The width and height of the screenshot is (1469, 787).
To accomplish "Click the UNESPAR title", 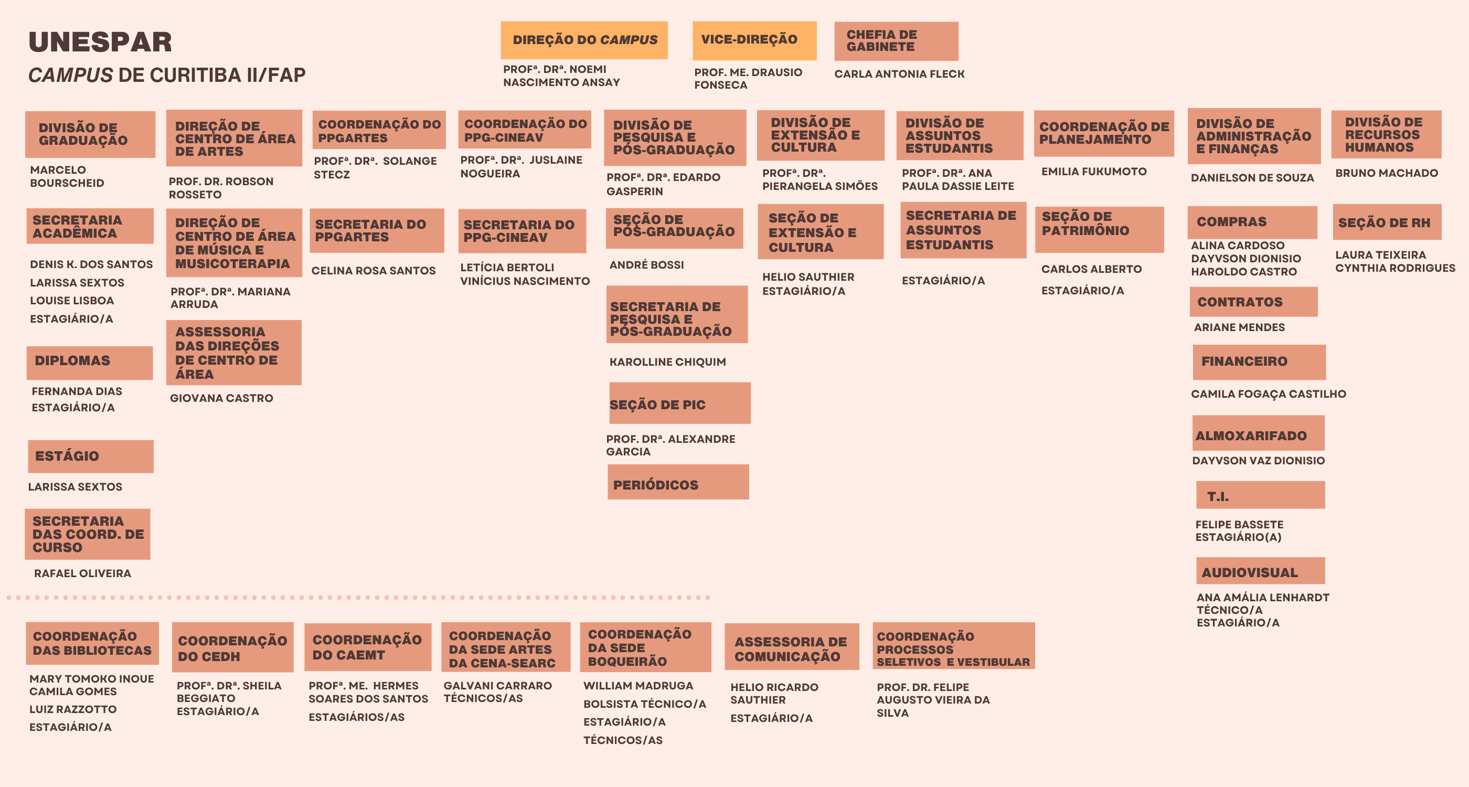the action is [x=100, y=42].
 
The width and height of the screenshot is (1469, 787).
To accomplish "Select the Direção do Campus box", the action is [x=584, y=40].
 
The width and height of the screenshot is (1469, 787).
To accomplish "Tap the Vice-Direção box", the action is [x=754, y=40].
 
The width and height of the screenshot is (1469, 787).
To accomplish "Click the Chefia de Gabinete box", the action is [x=896, y=41].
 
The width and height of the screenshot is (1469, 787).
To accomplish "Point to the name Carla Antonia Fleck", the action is [x=899, y=74].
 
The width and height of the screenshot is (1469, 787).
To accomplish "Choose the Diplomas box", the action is [x=90, y=363].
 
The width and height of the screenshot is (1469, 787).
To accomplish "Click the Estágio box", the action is [x=91, y=456].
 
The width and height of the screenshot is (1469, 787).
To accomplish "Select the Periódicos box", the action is [x=678, y=482].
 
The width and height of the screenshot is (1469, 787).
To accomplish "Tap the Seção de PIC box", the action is [x=680, y=403].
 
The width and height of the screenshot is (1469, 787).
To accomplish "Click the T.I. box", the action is [x=1260, y=495].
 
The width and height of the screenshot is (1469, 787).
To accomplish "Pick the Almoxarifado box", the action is [x=1258, y=433].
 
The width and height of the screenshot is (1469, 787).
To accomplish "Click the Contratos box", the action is [x=1253, y=302].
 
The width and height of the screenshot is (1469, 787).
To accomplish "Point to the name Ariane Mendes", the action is [x=1239, y=327].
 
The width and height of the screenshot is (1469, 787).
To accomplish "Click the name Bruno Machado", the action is [x=1386, y=173].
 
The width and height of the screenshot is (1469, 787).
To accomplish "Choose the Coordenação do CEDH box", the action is [x=232, y=647].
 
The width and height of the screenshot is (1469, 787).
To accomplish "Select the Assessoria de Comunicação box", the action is [x=792, y=647].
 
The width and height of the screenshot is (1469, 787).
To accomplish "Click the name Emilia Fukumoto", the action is [x=1093, y=172].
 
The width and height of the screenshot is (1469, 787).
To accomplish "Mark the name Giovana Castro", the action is [x=221, y=398].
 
